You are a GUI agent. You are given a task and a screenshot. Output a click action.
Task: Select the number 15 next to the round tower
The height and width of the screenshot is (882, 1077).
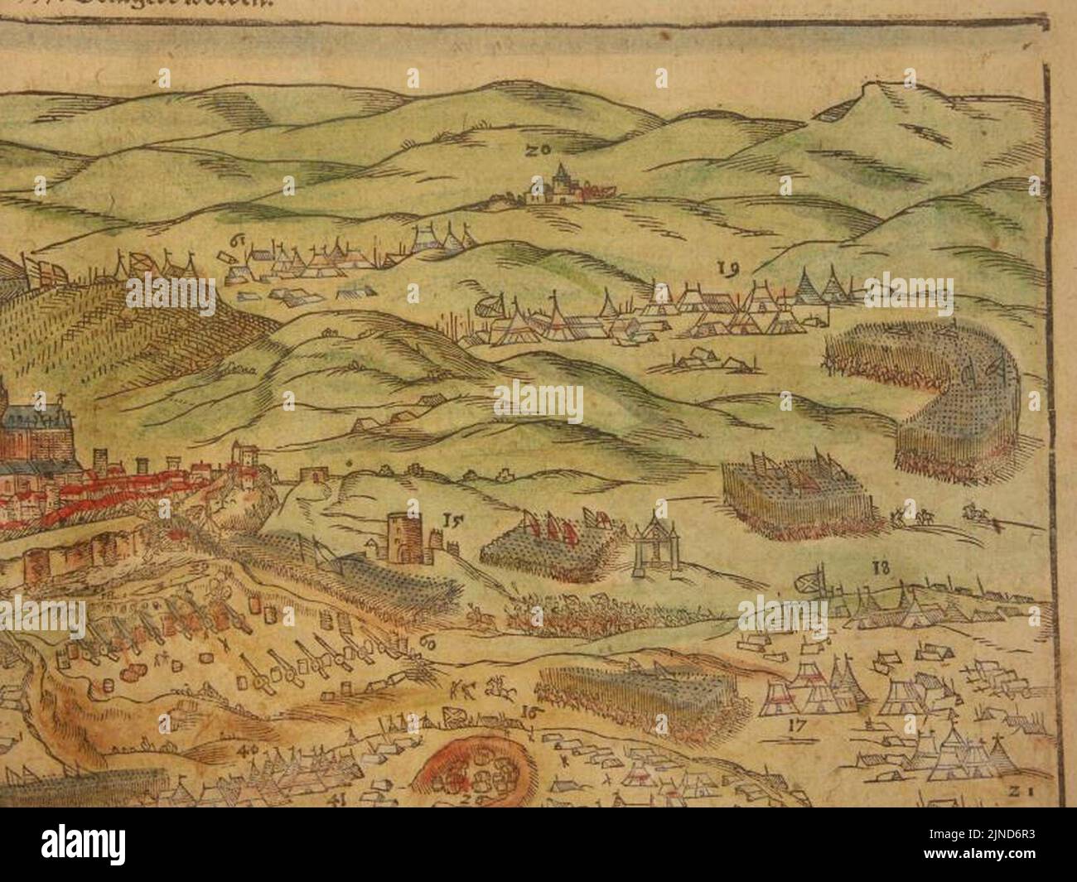[452, 521]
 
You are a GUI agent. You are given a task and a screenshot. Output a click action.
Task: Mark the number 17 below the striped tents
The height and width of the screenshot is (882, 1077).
[798, 725]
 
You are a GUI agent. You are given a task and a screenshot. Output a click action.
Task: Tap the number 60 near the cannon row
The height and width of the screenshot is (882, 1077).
[428, 643]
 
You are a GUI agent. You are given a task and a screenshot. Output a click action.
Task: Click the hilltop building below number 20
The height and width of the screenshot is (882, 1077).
[559, 186]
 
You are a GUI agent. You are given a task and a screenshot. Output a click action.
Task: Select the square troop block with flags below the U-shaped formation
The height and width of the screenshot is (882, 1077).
[783, 497]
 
